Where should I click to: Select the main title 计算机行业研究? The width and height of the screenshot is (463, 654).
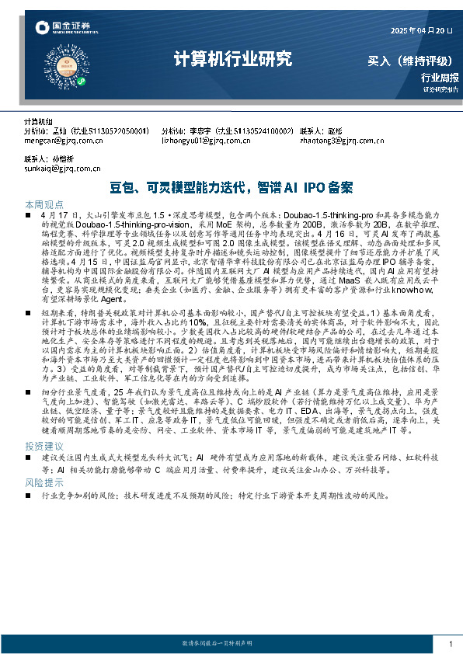point(232,58)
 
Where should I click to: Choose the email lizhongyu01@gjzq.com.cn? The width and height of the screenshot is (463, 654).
point(203,141)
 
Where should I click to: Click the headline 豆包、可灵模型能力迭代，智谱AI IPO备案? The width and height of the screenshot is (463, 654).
point(232,187)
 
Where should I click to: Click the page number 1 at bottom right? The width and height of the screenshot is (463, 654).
point(451,644)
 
